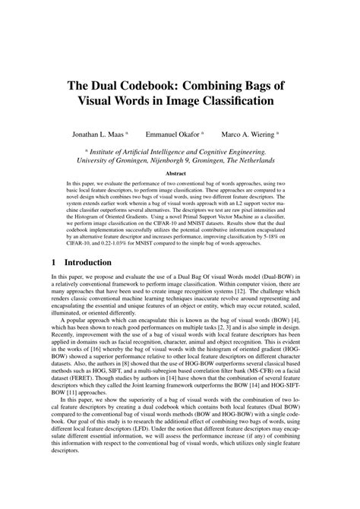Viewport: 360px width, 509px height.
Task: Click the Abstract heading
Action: click(180, 172)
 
